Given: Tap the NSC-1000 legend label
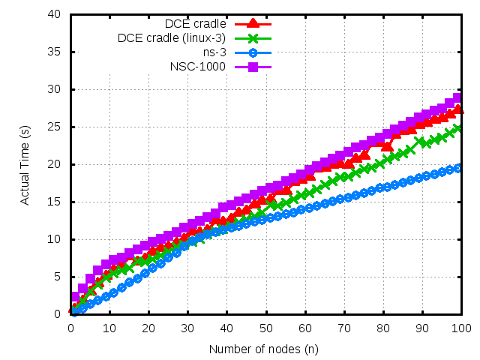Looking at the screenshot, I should click(198, 67).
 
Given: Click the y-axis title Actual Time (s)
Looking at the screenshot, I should click(25, 164).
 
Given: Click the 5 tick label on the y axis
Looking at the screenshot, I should click(58, 277).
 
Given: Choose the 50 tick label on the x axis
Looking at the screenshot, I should click(265, 328).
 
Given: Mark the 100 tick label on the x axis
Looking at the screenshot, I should click(460, 328).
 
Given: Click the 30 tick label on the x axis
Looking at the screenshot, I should click(187, 328).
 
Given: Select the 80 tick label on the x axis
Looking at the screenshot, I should click(382, 328).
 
